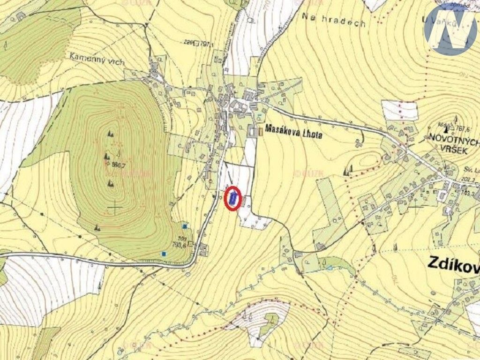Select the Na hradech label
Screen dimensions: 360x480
[x=333, y=20]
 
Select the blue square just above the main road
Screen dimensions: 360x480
[x=164, y=254]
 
